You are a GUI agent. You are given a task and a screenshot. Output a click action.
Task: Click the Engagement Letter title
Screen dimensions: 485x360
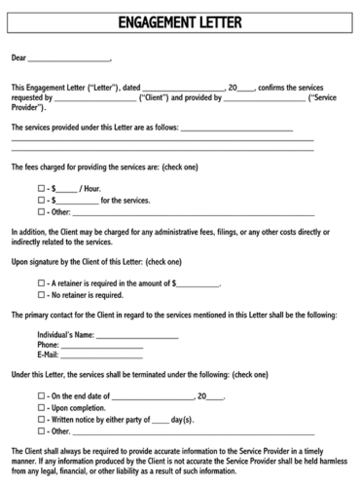pyautogui.click(x=179, y=21)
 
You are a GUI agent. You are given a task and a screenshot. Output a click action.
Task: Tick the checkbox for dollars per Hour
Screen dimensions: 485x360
pyautogui.click(x=41, y=188)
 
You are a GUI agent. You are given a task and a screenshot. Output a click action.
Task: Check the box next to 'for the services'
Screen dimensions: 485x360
pyautogui.click(x=41, y=200)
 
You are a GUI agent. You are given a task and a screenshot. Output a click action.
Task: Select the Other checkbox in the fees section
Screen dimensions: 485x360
pyautogui.click(x=41, y=211)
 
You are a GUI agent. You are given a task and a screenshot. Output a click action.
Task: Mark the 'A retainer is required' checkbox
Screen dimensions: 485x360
pyautogui.click(x=41, y=282)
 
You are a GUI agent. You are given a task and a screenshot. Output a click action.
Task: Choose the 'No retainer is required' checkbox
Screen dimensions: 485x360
pyautogui.click(x=41, y=294)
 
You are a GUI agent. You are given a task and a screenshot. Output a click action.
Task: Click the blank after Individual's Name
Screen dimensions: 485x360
pyautogui.click(x=137, y=335)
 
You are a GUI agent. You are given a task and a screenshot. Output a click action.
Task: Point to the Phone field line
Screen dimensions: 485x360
pyautogui.click(x=101, y=346)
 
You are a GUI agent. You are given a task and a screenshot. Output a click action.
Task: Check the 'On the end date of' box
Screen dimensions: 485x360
pyautogui.click(x=41, y=397)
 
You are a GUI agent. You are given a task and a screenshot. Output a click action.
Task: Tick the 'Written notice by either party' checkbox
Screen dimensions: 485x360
pyautogui.click(x=41, y=420)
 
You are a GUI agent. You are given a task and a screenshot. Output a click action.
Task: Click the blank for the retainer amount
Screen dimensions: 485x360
pyautogui.click(x=198, y=283)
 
